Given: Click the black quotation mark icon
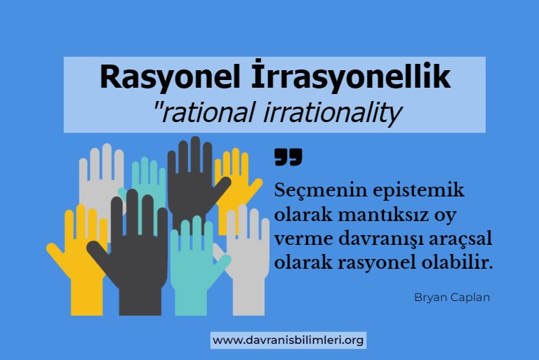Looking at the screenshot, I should pos(288,157).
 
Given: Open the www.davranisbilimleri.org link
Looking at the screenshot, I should pos(288,341).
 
